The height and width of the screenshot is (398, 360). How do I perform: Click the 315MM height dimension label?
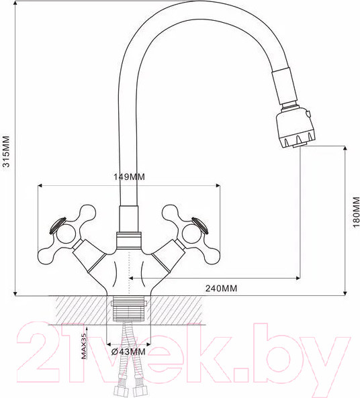point(6,154)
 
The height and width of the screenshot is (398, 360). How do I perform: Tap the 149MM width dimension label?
point(128,177)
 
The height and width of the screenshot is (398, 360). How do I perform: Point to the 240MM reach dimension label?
point(220,288)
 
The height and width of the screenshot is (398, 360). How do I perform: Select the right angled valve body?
point(166,258)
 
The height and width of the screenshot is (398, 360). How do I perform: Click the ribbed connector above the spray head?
point(285,91)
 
